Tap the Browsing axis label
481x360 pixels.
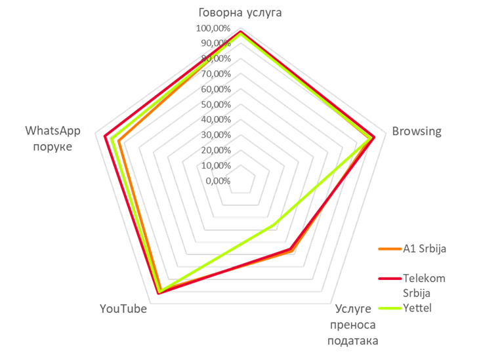pyautogui.click(x=416, y=131)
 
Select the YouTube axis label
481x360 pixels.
pyautogui.click(x=123, y=309)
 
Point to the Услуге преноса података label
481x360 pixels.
pyautogui.click(x=354, y=325)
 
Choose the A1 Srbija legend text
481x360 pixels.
pyautogui.click(x=425, y=249)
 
